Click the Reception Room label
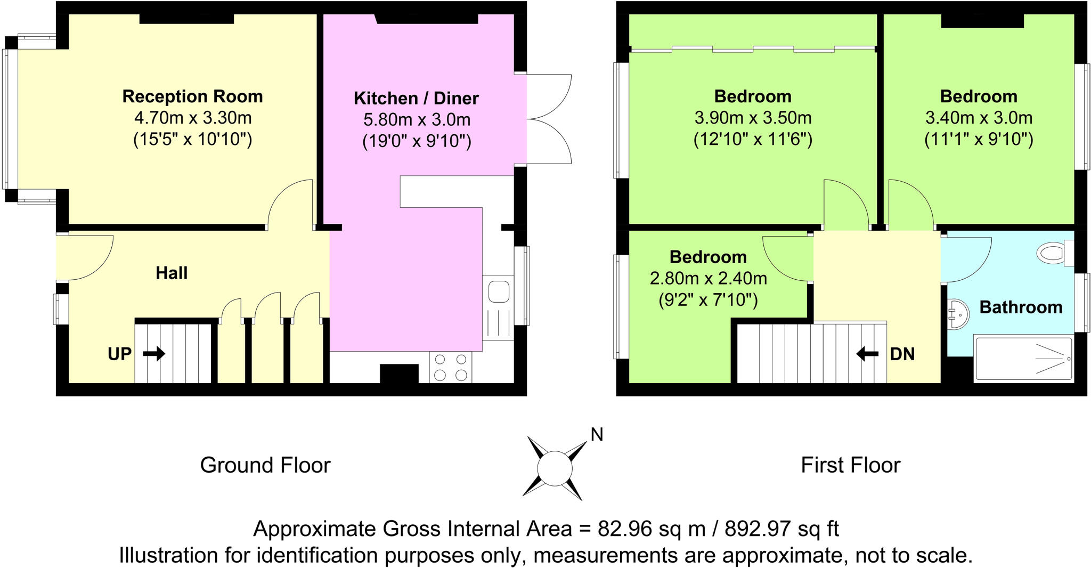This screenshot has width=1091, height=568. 192,96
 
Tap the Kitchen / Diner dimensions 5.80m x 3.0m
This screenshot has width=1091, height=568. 417,120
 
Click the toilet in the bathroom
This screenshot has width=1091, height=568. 1054,253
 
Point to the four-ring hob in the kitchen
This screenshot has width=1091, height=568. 450,367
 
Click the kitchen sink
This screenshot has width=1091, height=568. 498,293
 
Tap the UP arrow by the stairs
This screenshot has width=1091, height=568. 154,354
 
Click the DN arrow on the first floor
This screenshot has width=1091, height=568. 867,354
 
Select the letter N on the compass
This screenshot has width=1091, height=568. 597,435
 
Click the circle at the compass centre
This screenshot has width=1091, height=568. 554,468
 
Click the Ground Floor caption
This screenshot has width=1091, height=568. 265,465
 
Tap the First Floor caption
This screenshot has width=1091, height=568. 850,465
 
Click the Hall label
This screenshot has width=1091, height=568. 172,273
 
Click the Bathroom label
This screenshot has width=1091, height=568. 1021,307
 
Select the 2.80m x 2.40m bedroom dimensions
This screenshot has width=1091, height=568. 708,279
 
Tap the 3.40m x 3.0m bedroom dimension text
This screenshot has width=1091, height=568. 979,118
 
